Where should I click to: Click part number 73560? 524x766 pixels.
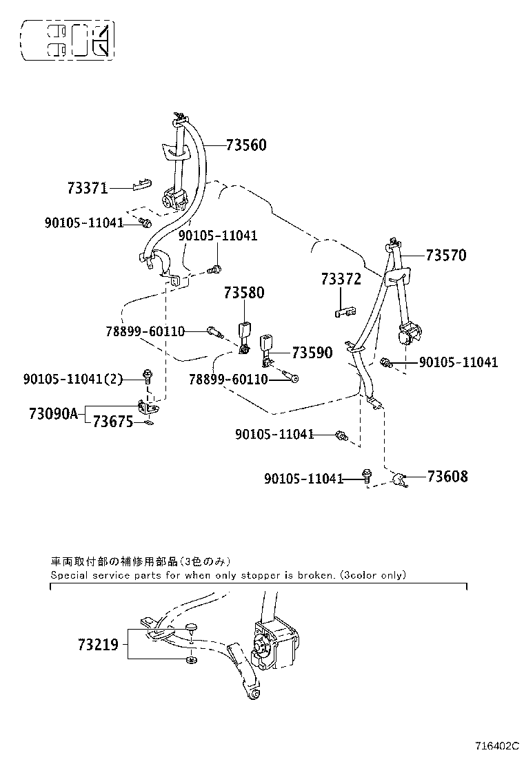click(246, 145)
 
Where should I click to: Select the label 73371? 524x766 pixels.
click(88, 188)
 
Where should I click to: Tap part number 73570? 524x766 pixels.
click(446, 255)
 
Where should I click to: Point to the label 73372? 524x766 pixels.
click(341, 279)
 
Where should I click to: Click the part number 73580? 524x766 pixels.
click(244, 293)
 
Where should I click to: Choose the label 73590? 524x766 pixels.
click(312, 353)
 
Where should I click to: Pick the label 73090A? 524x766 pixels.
click(53, 414)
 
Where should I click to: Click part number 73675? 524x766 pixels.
click(113, 421)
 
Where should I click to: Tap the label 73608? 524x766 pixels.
click(447, 476)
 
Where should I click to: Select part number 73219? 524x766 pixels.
click(98, 645)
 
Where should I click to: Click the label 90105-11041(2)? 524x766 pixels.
click(73, 379)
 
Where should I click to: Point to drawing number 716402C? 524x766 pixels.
click(497, 746)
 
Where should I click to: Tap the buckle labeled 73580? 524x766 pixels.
click(244, 337)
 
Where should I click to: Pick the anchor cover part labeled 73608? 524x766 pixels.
click(401, 479)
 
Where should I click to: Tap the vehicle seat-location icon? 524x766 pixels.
click(68, 40)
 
